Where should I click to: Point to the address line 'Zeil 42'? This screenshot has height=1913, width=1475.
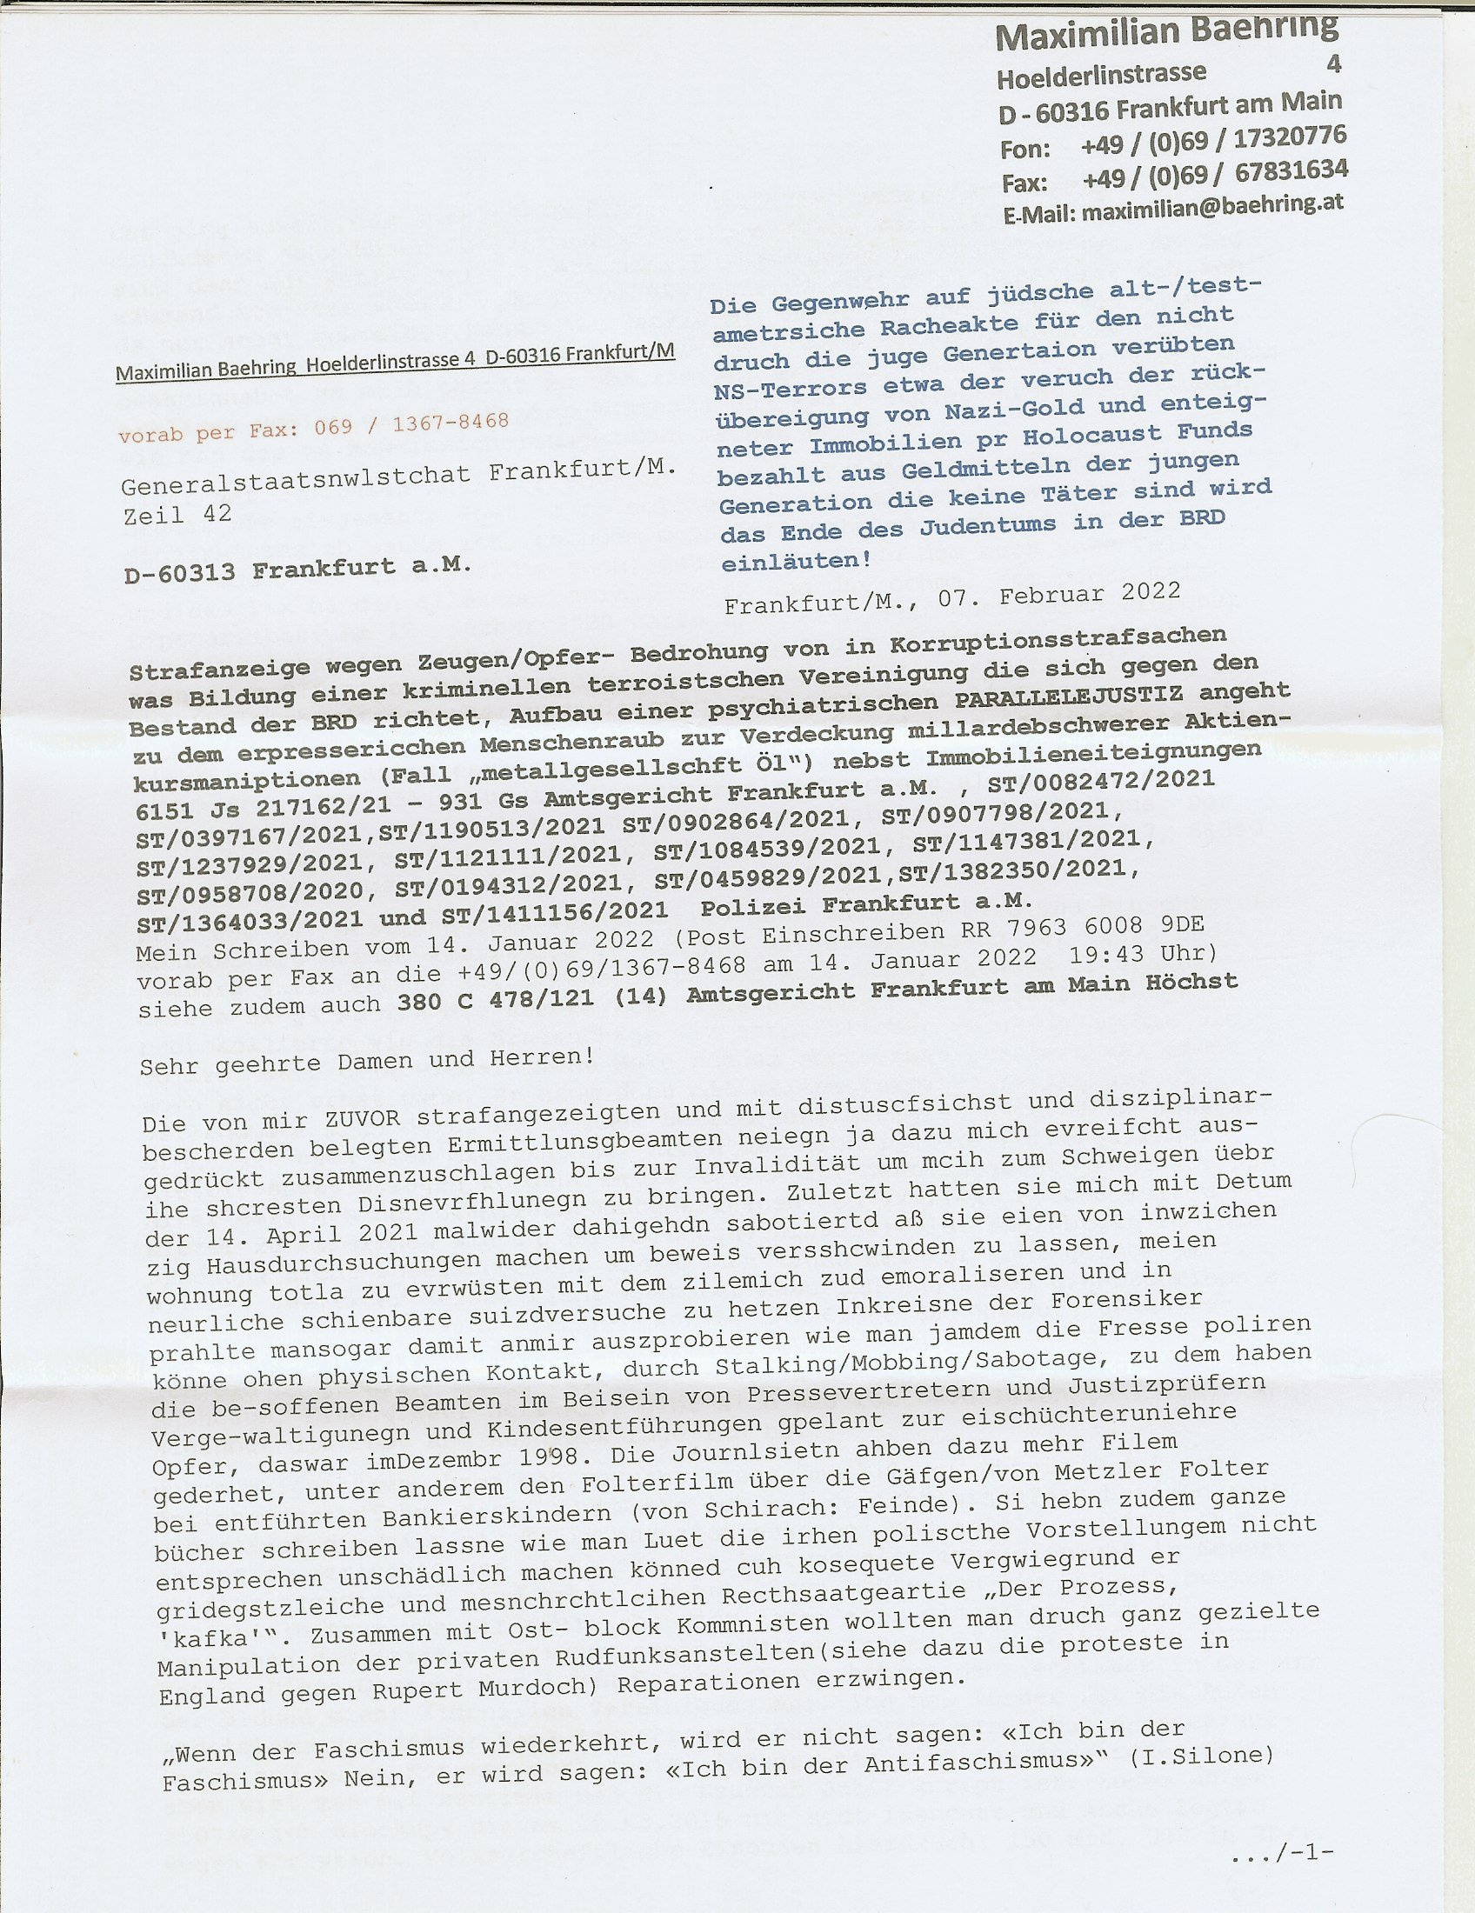coord(177,514)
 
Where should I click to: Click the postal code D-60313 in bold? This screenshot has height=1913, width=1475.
coord(180,573)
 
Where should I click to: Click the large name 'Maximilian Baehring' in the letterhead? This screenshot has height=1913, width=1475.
coord(1166,33)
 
